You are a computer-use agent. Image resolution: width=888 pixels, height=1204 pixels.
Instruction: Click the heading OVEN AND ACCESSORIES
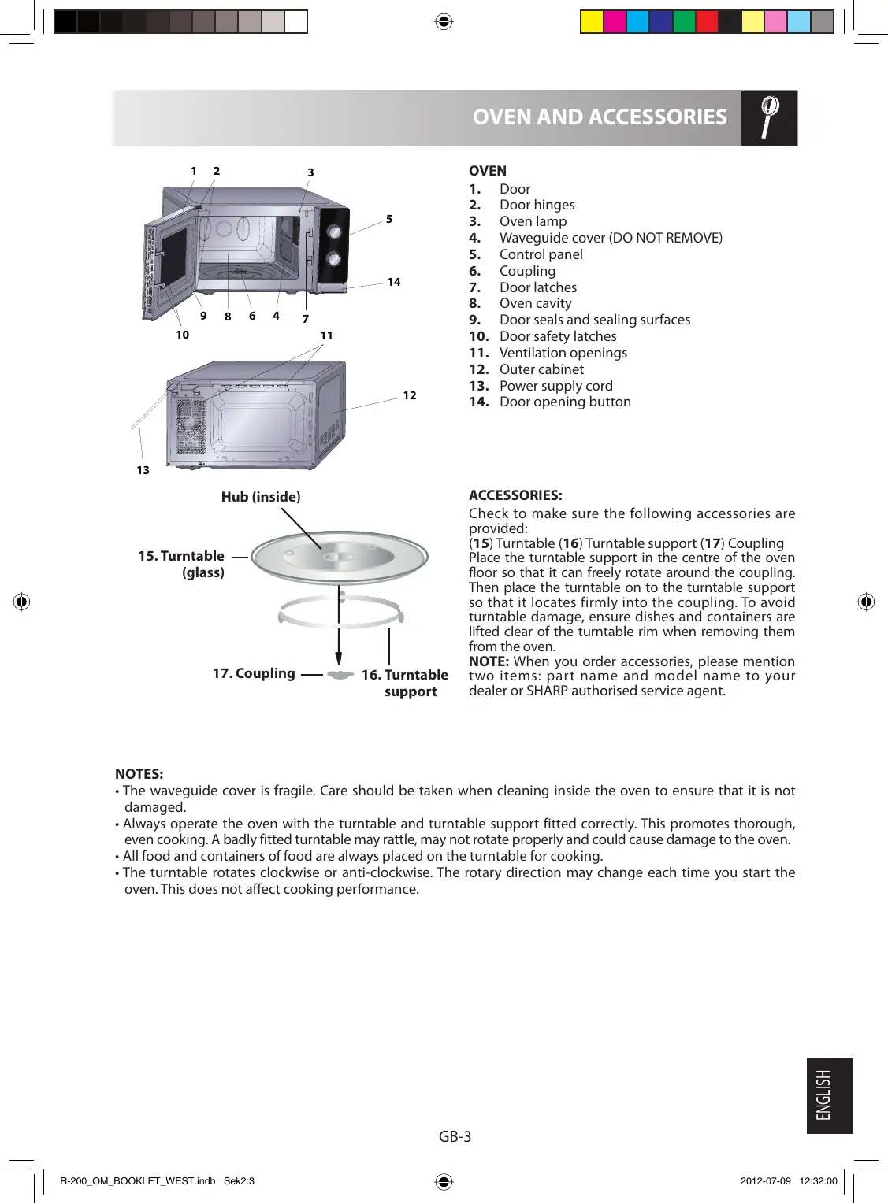pyautogui.click(x=599, y=117)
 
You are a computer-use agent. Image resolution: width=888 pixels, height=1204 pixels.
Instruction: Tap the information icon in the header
pyautogui.click(x=769, y=117)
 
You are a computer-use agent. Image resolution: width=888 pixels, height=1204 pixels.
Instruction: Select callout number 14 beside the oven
pyautogui.click(x=394, y=282)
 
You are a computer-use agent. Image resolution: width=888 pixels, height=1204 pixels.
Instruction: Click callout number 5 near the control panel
pyautogui.click(x=389, y=219)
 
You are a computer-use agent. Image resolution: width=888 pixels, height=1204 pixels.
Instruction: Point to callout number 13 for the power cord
pyautogui.click(x=143, y=470)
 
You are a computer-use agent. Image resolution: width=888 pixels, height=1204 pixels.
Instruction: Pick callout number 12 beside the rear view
pyautogui.click(x=410, y=395)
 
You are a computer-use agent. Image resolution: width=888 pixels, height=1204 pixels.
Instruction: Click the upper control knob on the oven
pyautogui.click(x=334, y=232)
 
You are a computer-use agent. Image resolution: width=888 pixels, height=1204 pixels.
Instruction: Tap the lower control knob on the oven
pyautogui.click(x=333, y=258)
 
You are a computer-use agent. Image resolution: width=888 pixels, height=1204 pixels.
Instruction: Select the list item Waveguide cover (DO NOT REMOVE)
pyautogui.click(x=611, y=238)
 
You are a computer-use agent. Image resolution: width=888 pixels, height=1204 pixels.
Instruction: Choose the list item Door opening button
pyautogui.click(x=565, y=402)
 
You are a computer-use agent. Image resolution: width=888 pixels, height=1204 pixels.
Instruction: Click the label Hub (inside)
pyautogui.click(x=261, y=497)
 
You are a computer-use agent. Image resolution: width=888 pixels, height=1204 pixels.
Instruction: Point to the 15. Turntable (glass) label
pyautogui.click(x=182, y=564)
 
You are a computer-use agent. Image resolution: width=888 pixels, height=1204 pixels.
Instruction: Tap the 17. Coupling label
pyautogui.click(x=254, y=673)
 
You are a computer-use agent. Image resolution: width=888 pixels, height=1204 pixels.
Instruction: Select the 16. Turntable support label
pyautogui.click(x=405, y=683)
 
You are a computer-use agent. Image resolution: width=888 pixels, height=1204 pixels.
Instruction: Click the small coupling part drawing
pyautogui.click(x=340, y=676)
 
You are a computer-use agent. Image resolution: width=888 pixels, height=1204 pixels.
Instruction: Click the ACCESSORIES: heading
pyautogui.click(x=515, y=495)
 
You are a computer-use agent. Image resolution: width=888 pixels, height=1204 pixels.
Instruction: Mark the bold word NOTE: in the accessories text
pyautogui.click(x=489, y=661)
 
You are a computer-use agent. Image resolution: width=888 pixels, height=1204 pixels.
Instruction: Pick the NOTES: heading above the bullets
pyautogui.click(x=139, y=774)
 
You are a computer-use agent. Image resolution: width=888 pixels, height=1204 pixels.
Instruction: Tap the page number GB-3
pyautogui.click(x=455, y=1136)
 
